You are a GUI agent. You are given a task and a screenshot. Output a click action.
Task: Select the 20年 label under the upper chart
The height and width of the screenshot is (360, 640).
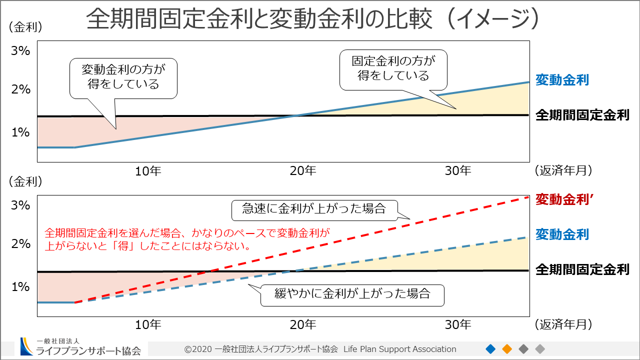(x=303, y=171)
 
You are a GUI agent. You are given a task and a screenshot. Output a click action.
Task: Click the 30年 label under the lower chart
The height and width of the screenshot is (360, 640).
(x=458, y=325)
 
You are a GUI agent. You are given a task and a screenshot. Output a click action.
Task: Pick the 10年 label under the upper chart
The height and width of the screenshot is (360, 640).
(x=148, y=171)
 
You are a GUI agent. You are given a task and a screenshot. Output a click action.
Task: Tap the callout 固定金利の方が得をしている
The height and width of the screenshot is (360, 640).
(x=393, y=68)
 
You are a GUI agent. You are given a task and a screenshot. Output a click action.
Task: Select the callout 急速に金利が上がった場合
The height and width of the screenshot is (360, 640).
(x=314, y=209)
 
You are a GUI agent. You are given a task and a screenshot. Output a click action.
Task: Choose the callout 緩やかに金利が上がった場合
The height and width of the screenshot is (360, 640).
(x=352, y=293)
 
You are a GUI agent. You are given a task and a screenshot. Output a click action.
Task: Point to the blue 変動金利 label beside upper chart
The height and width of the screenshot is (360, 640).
(x=562, y=80)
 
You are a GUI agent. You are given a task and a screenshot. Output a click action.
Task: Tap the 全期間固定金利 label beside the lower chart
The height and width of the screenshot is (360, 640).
(x=582, y=270)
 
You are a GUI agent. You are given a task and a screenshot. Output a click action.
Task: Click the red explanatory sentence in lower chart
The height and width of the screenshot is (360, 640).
(x=187, y=239)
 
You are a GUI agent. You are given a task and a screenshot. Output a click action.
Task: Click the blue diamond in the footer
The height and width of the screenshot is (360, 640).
(x=490, y=348)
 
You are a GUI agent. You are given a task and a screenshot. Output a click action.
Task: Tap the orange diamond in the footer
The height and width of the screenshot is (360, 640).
(x=507, y=348)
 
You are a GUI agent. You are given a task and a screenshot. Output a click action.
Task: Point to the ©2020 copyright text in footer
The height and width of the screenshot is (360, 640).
(x=320, y=349)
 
